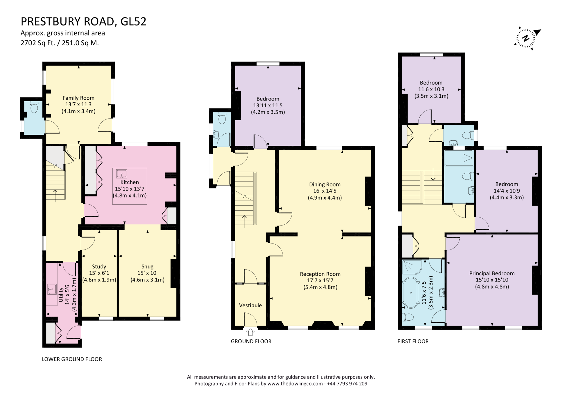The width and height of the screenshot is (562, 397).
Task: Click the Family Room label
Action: point(78,98)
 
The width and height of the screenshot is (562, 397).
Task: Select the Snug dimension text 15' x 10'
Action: point(147,273)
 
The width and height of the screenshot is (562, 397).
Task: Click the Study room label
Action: point(99,266)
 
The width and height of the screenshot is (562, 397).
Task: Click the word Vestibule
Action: point(250,305)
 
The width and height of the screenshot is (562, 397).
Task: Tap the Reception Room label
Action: point(320,274)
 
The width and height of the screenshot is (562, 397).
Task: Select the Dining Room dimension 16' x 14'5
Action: point(325,191)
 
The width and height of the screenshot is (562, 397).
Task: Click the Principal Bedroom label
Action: point(492,273)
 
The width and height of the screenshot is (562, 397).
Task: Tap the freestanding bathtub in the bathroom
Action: point(410,293)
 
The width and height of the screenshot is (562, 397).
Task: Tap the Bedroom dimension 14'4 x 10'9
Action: point(507,191)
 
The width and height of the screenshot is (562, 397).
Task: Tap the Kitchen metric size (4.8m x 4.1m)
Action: point(130,195)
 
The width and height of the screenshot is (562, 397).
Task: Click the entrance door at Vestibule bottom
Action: point(250,320)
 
